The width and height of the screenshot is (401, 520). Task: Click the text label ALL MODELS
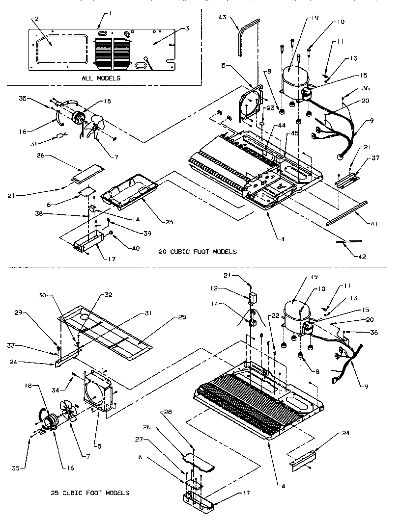101,78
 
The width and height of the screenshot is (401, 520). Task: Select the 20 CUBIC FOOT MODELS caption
198,252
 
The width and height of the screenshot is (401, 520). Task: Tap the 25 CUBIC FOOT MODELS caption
90,493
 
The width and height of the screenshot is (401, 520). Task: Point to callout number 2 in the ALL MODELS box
35,19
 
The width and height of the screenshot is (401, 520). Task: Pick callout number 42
375,256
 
